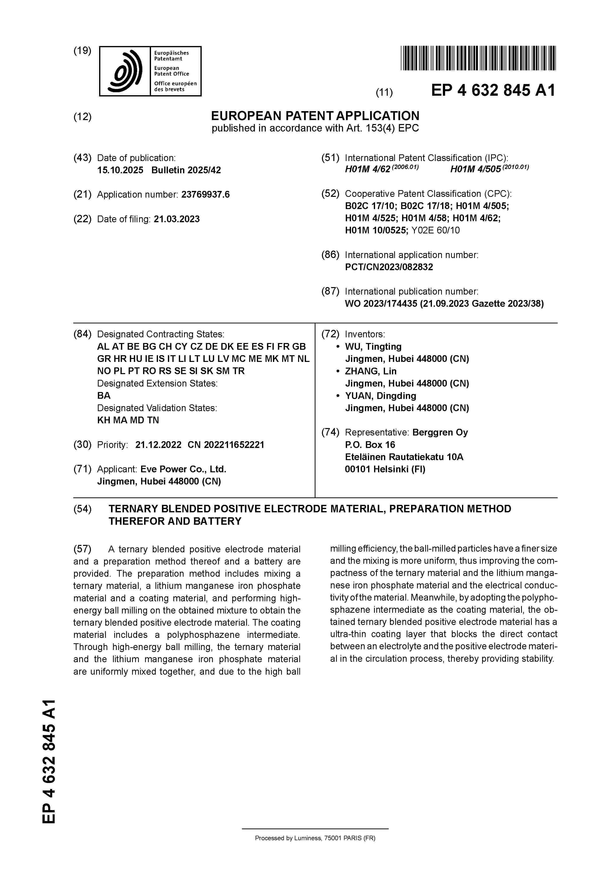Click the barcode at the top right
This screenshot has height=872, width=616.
coord(478,58)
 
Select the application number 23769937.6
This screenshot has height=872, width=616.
coord(205,195)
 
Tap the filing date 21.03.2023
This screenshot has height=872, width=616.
coord(177,219)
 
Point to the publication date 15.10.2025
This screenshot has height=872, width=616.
coord(120,170)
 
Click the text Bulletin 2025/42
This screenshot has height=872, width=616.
coord(186,170)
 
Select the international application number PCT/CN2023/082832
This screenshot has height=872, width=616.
coord(389,267)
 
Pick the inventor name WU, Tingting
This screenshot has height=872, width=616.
coord(373,347)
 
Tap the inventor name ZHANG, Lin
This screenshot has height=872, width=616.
coord(370,371)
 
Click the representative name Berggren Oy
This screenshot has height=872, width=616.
coord(440,433)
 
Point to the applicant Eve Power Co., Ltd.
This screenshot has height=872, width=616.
coord(183,469)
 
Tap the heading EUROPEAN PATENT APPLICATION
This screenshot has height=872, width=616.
coord(315,116)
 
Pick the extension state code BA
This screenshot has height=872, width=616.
coord(104,396)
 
